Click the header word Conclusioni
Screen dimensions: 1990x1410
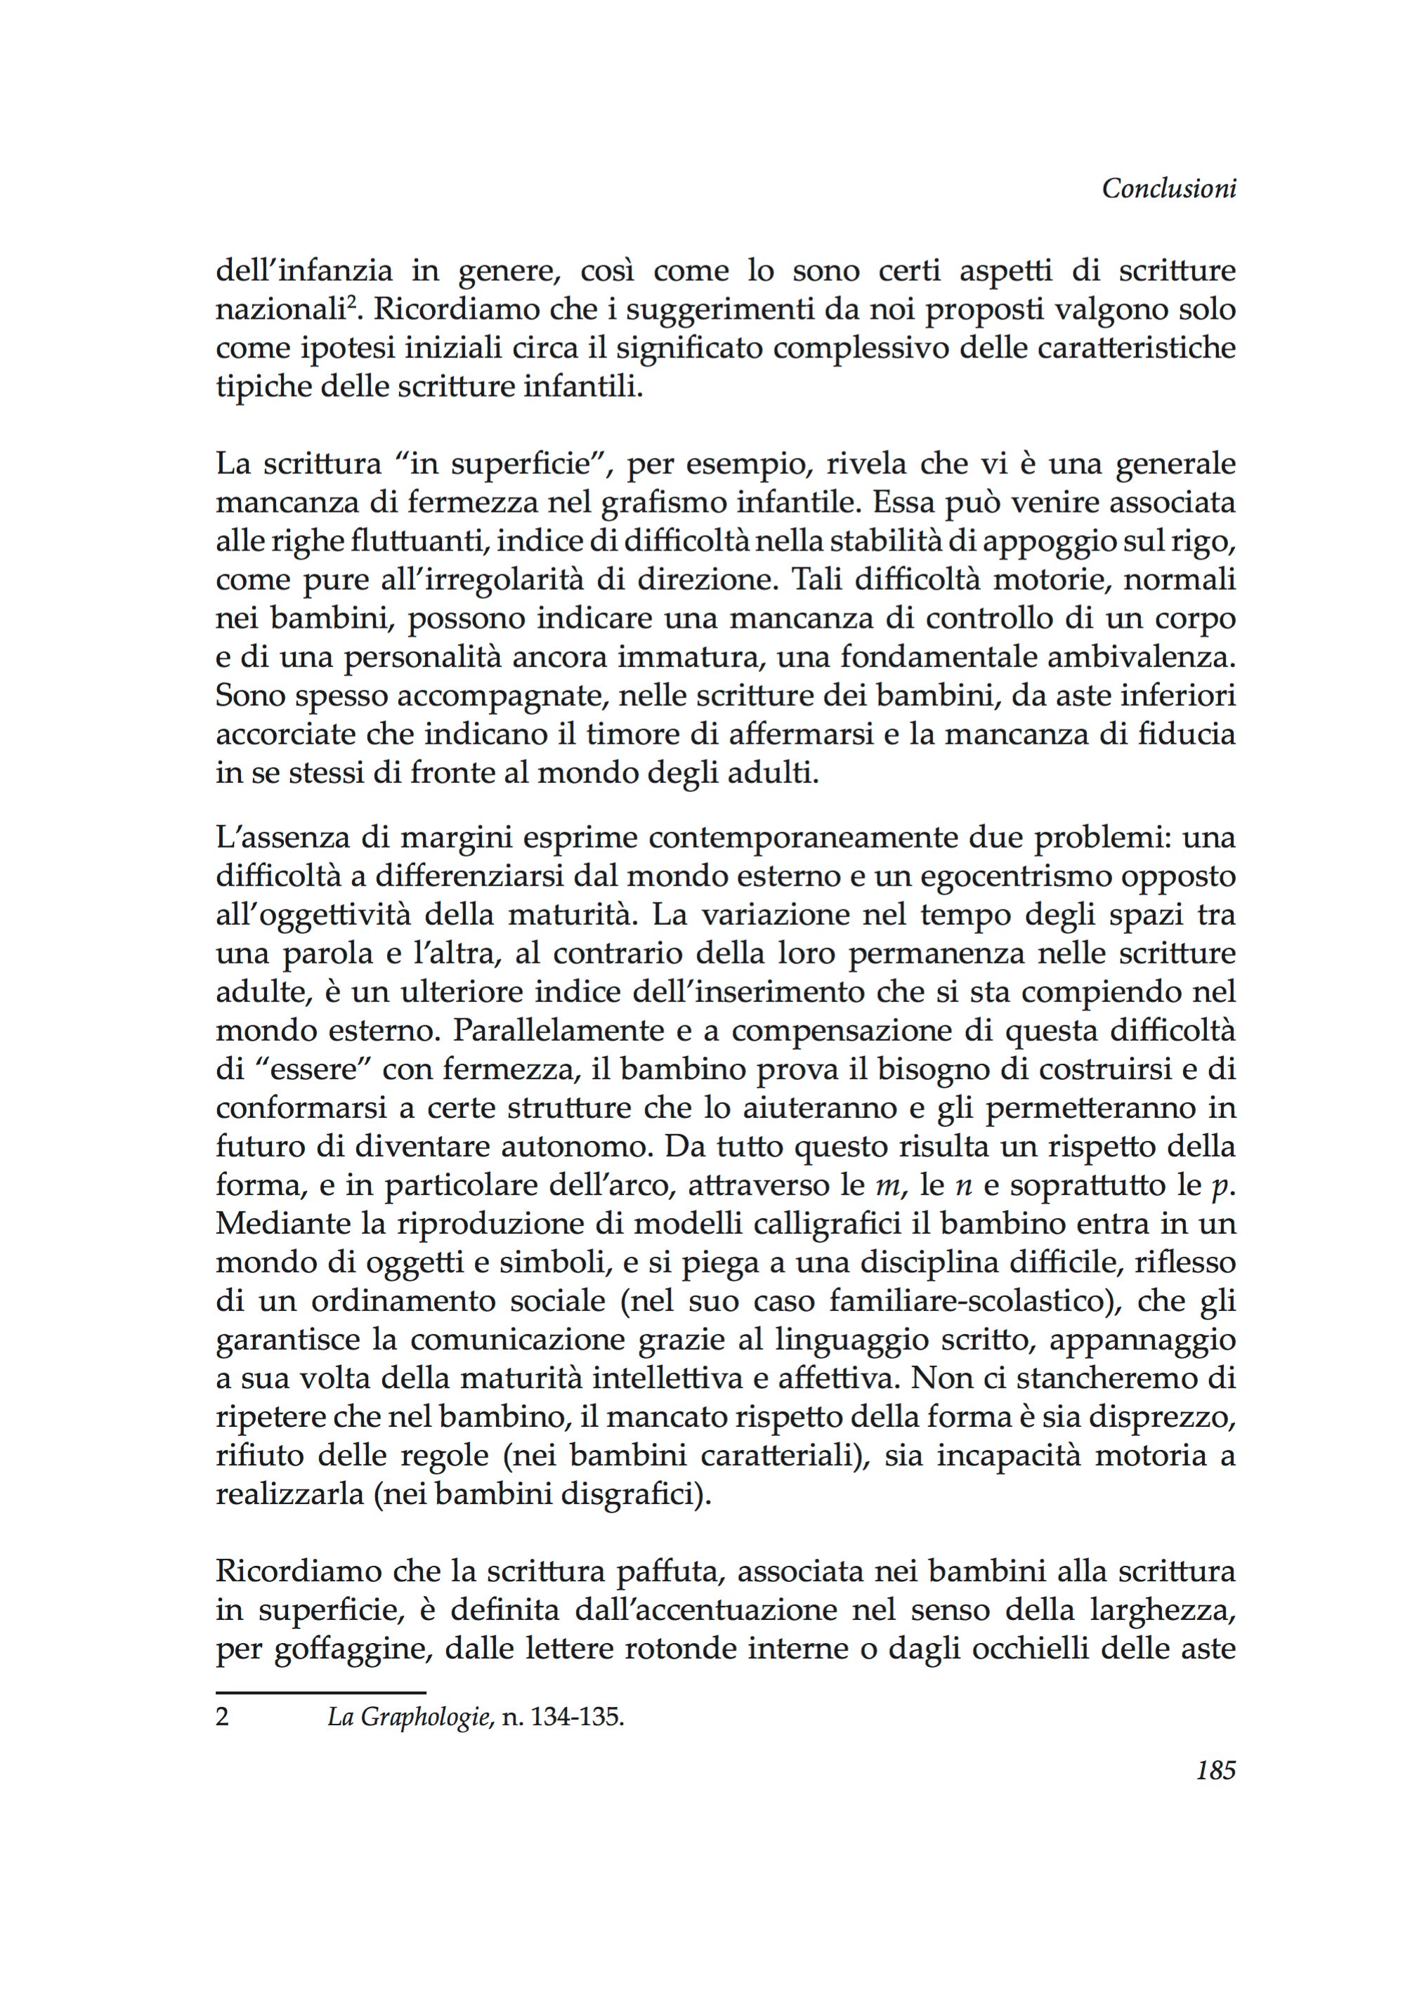[1168, 189]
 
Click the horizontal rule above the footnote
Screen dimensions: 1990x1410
[320, 1692]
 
